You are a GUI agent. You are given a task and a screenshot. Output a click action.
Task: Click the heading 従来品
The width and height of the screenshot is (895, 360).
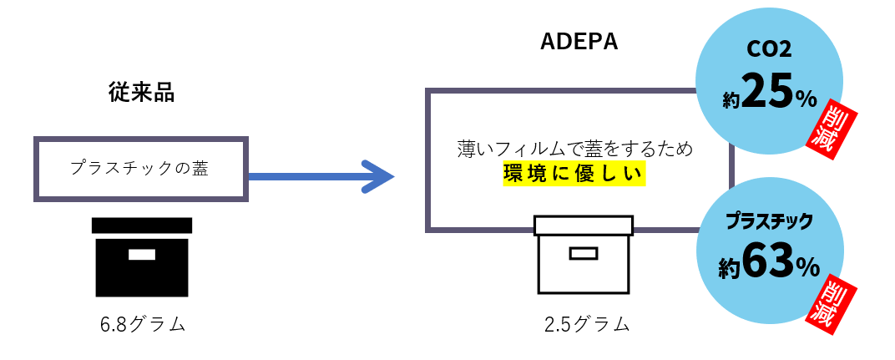(x=141, y=93)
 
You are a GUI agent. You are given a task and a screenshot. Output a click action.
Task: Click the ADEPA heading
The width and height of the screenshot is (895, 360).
(x=579, y=42)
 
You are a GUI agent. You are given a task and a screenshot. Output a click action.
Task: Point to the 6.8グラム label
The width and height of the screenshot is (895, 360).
(x=142, y=324)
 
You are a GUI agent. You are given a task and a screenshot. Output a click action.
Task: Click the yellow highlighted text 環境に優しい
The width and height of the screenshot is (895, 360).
(x=574, y=174)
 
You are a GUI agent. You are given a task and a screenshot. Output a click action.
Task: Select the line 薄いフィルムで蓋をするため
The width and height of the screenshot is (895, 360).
(x=575, y=150)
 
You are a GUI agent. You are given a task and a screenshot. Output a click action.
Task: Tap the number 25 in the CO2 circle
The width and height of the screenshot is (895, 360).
(x=766, y=91)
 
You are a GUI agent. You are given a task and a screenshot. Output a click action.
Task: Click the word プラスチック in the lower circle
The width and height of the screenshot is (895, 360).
(x=769, y=221)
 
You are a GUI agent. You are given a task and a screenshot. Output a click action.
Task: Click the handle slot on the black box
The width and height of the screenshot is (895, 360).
(x=141, y=255)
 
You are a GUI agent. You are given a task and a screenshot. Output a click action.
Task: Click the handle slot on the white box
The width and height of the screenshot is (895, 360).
(x=584, y=253)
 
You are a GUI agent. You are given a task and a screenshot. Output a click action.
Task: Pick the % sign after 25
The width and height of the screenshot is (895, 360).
(x=806, y=99)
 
